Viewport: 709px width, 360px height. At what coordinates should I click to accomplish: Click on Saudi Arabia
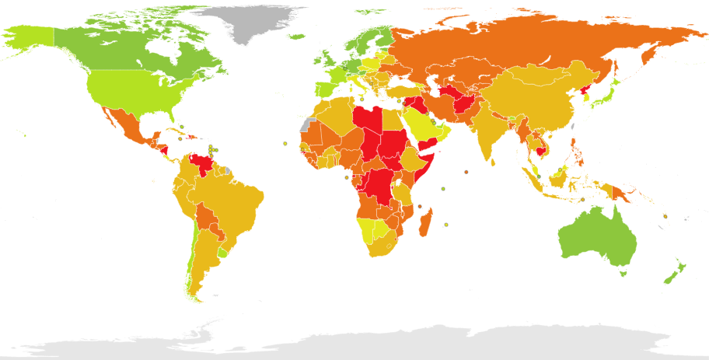tap(426, 124)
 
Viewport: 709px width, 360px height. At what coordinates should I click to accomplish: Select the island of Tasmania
tap(623, 272)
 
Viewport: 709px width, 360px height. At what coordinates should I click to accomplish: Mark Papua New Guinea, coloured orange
tap(622, 190)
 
